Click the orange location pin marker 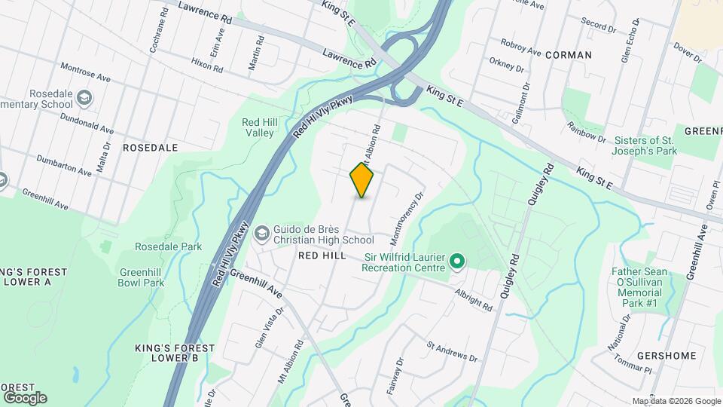tap(361, 179)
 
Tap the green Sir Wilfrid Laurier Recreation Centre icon tap(456, 262)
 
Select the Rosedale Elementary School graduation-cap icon tap(84, 97)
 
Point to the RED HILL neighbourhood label tap(322, 256)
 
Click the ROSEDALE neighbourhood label tap(150, 148)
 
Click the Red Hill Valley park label tap(258, 127)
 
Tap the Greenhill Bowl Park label tap(141, 277)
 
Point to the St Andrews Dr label tap(452, 352)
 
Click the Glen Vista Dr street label tap(269, 323)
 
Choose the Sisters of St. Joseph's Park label tap(645, 145)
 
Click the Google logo tap(25, 397)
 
